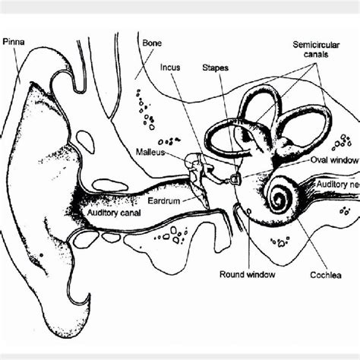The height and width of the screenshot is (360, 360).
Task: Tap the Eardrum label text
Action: pyautogui.click(x=164, y=203)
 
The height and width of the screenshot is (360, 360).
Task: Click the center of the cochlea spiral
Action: pyautogui.click(x=278, y=201)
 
